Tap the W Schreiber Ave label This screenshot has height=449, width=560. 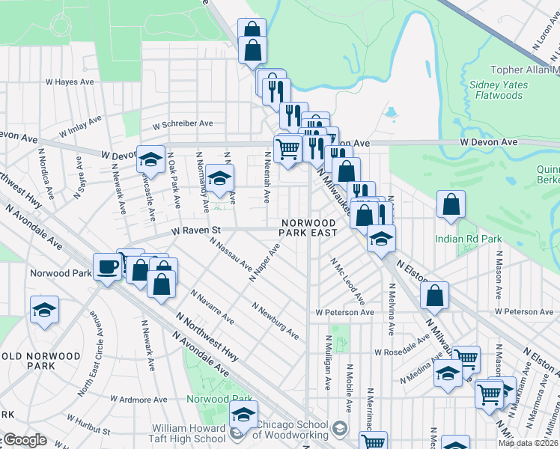(x=183, y=123)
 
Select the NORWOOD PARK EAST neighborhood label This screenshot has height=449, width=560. (x=308, y=227)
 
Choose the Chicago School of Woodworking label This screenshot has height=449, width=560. (x=292, y=430)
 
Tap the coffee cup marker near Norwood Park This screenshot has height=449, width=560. (x=108, y=267)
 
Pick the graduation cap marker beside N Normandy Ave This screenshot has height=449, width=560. (x=219, y=178)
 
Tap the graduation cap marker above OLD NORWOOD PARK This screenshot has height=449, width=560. (x=44, y=310)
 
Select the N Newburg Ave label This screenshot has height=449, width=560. (x=276, y=321)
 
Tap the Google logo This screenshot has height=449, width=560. (x=25, y=440)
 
